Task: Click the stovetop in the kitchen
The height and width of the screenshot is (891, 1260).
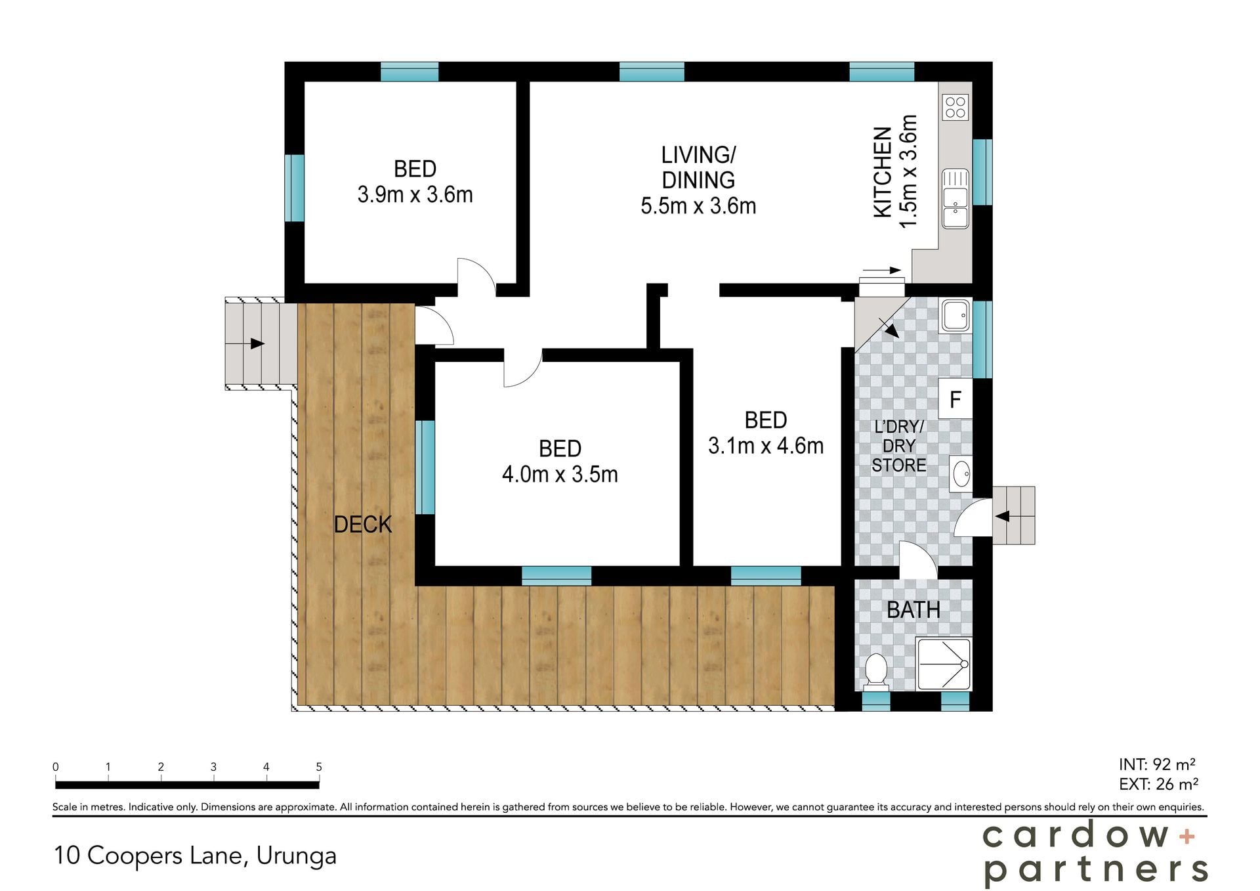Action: click(x=955, y=108)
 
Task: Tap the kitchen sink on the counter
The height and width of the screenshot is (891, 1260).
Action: click(x=955, y=198)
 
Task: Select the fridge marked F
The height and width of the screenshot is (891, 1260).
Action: click(x=955, y=399)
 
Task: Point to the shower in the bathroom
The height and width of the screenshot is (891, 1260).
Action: click(x=943, y=664)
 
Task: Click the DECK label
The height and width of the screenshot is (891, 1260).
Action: click(x=362, y=525)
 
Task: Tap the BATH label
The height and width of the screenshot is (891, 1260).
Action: click(x=913, y=610)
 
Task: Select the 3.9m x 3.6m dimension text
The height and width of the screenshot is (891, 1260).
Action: click(x=415, y=195)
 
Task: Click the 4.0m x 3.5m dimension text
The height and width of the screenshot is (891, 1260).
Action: click(x=560, y=474)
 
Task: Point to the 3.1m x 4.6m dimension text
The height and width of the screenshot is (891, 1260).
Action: click(x=765, y=446)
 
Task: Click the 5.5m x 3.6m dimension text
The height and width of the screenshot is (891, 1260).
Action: click(x=698, y=206)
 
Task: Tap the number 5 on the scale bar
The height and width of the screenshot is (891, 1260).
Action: click(x=319, y=767)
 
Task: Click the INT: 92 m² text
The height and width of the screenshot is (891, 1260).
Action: click(x=1157, y=764)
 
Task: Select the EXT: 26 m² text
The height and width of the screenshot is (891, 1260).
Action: click(x=1158, y=784)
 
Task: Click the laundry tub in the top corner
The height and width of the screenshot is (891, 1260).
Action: click(x=955, y=316)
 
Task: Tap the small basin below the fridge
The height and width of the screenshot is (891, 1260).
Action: click(x=961, y=473)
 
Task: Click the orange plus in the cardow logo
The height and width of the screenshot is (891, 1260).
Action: click(x=1186, y=837)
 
